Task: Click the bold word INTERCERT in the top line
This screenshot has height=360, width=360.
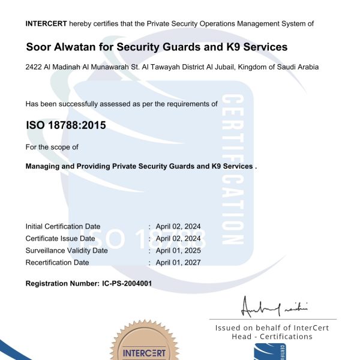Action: tap(46, 23)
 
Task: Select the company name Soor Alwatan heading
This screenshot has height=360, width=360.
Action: tap(157, 47)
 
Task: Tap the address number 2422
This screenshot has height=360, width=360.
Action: tap(34, 67)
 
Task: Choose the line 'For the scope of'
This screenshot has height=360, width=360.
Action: tap(52, 147)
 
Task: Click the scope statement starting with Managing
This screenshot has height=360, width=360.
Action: tap(141, 166)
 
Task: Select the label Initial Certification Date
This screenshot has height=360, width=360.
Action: tap(63, 226)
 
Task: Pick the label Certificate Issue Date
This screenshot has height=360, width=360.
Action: tap(60, 238)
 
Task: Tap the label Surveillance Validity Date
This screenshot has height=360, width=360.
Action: tap(67, 250)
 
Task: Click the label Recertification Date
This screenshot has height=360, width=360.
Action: tap(57, 262)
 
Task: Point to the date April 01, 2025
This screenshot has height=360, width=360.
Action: tap(178, 250)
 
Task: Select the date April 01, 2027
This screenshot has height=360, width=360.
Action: tap(178, 262)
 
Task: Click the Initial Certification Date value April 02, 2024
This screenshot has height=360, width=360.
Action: tap(178, 226)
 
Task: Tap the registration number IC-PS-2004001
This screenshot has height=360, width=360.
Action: tap(131, 283)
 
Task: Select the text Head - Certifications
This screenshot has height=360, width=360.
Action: tap(272, 337)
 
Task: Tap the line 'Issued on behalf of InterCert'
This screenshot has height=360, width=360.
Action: tap(272, 328)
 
